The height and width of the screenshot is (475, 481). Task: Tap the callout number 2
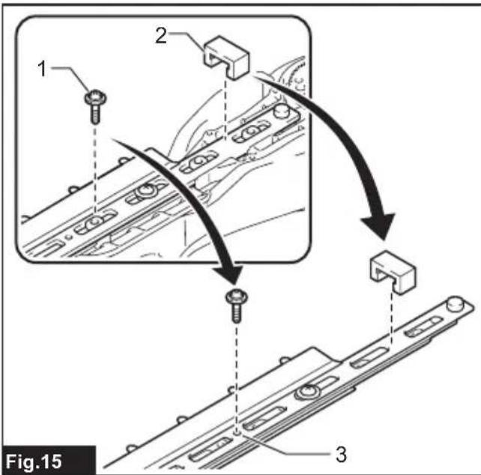[161, 35]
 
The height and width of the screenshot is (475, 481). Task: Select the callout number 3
[341, 454]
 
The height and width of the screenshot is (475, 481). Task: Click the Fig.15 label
[34, 462]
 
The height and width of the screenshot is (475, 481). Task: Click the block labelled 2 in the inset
[227, 58]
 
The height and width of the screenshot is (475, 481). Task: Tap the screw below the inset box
[237, 306]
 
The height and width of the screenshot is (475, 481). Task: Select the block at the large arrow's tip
[393, 272]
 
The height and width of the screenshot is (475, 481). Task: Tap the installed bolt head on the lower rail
[307, 392]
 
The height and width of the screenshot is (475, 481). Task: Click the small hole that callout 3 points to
[237, 433]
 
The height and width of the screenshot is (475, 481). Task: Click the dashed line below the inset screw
[95, 168]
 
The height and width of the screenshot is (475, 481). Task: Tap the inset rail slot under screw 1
[95, 222]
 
